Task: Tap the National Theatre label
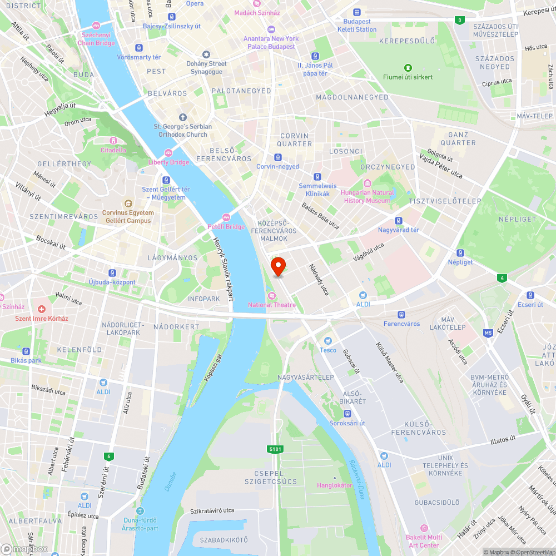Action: tap(272, 305)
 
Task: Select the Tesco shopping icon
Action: tap(328, 340)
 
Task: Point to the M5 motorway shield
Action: tap(488, 333)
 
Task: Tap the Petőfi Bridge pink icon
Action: tap(226, 217)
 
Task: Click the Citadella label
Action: tap(113, 150)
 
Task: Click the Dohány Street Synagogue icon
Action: tap(206, 54)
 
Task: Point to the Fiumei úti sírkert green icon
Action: tap(408, 67)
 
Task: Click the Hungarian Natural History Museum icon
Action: tap(367, 183)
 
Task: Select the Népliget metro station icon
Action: tap(460, 252)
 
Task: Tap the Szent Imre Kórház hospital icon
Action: tap(42, 309)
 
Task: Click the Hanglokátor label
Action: tap(334, 485)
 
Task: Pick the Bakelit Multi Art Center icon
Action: tap(424, 528)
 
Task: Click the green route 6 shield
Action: tap(108, 456)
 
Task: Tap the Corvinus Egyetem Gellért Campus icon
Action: tap(128, 203)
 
